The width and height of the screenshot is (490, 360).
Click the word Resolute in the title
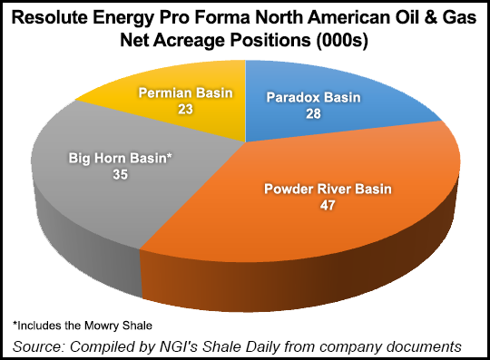click(71, 18)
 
